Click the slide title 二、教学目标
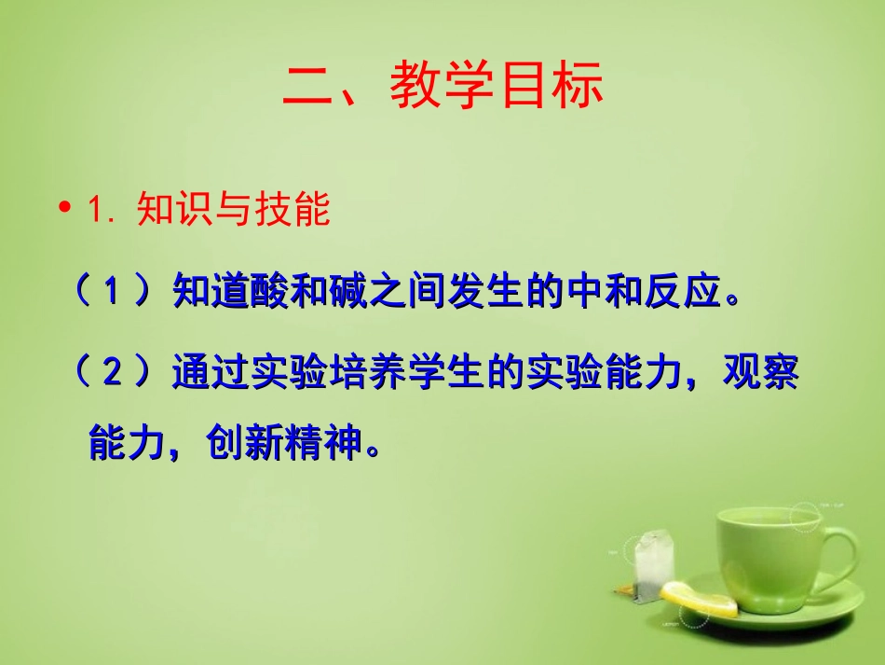click(x=442, y=86)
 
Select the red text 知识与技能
click(x=233, y=210)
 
